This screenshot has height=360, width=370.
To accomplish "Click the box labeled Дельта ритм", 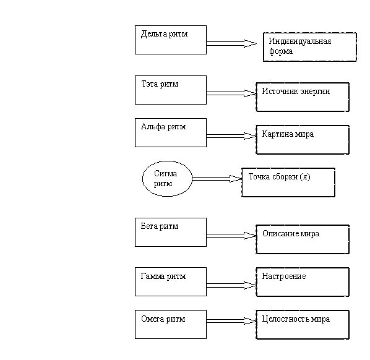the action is (171, 40).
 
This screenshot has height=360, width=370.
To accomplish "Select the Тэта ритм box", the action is (171, 90).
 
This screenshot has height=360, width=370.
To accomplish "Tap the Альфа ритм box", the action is (171, 132).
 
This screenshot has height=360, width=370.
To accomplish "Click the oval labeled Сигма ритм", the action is (167, 179).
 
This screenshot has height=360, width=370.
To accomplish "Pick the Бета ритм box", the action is (171, 232).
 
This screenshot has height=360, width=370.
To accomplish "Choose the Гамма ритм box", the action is (171, 281).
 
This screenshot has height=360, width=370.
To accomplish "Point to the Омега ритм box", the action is (171, 324).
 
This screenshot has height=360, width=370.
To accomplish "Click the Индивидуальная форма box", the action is (310, 47).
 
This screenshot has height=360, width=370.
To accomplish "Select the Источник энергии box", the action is (303, 97).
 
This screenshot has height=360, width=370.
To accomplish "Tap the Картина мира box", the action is (303, 140).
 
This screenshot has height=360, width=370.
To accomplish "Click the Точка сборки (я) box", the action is (288, 182).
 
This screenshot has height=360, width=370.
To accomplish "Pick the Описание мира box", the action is (303, 239).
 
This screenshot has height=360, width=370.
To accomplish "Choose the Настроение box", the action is (303, 282).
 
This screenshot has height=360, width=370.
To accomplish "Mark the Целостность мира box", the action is (303, 325).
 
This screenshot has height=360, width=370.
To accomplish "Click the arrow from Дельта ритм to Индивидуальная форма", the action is (231, 43).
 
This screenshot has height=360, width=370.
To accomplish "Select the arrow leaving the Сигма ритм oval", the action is (217, 179).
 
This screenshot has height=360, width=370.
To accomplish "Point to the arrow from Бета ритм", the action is (231, 236).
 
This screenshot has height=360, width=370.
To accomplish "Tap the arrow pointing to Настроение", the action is (231, 285).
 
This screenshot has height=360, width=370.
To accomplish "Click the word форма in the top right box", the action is (281, 51).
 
